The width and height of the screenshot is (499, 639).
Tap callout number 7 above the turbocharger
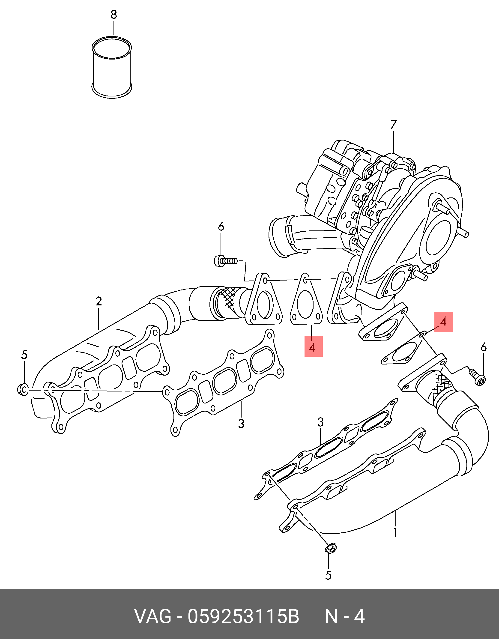[x=393, y=125]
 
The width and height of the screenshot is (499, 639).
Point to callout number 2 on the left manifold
[x=99, y=301]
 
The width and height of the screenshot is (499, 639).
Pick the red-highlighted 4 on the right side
[x=444, y=322]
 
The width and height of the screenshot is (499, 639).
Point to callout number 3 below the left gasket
[x=241, y=424]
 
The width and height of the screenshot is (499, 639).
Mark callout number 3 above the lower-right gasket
[x=321, y=422]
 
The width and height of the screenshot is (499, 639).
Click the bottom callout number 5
[x=328, y=575]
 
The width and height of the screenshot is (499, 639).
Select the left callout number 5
[x=24, y=355]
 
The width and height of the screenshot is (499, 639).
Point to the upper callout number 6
[x=221, y=227]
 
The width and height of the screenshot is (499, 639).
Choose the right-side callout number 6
[x=484, y=348]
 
